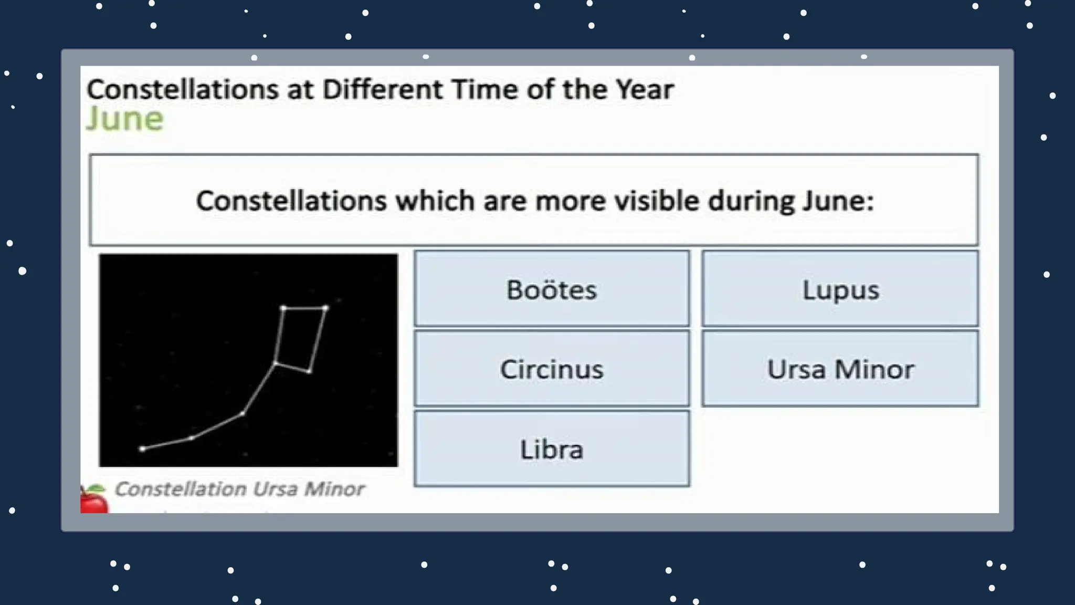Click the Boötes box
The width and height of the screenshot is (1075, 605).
coord(552,289)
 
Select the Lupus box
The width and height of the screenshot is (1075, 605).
coord(840,289)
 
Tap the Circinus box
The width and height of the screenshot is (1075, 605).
coord(552,369)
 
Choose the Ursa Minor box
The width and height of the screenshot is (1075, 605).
coord(840,369)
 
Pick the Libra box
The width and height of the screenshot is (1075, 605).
coord(552,449)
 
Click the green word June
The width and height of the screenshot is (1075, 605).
coord(125,119)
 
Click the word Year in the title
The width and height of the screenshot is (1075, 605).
coord(645,89)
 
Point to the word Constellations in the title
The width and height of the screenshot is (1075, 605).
coord(182,89)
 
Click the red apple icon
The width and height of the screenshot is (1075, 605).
coord(93,499)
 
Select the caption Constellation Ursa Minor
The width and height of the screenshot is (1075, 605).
coord(239,489)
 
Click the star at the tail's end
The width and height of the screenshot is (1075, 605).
coord(142,449)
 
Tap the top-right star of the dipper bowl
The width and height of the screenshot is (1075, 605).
coord(325,308)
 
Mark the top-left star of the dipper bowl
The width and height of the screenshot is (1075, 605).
coord(283,308)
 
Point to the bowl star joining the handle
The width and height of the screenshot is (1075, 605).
coord(275,363)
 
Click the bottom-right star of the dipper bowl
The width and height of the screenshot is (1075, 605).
coord(309,372)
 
